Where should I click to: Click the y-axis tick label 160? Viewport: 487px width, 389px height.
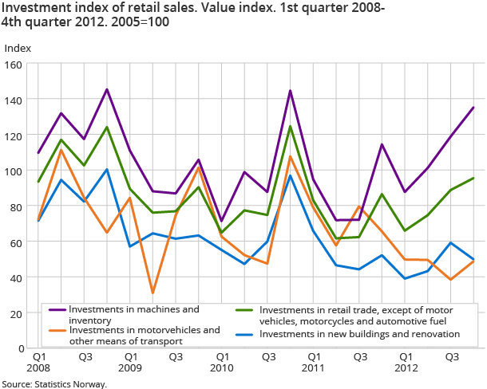coord(16,64)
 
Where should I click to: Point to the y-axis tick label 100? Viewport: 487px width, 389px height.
coord(16,171)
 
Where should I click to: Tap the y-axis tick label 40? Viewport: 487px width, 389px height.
coord(18,277)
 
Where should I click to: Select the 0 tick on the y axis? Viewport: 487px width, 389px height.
coord(22,348)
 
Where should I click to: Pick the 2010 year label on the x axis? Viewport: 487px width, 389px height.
coord(221,369)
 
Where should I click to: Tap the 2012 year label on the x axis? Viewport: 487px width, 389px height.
coord(406,369)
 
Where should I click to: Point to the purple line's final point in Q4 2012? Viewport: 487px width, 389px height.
coord(474,108)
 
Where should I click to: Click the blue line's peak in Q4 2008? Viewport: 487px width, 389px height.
coord(107,169)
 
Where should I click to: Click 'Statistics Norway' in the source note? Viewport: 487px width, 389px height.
coord(72,383)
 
